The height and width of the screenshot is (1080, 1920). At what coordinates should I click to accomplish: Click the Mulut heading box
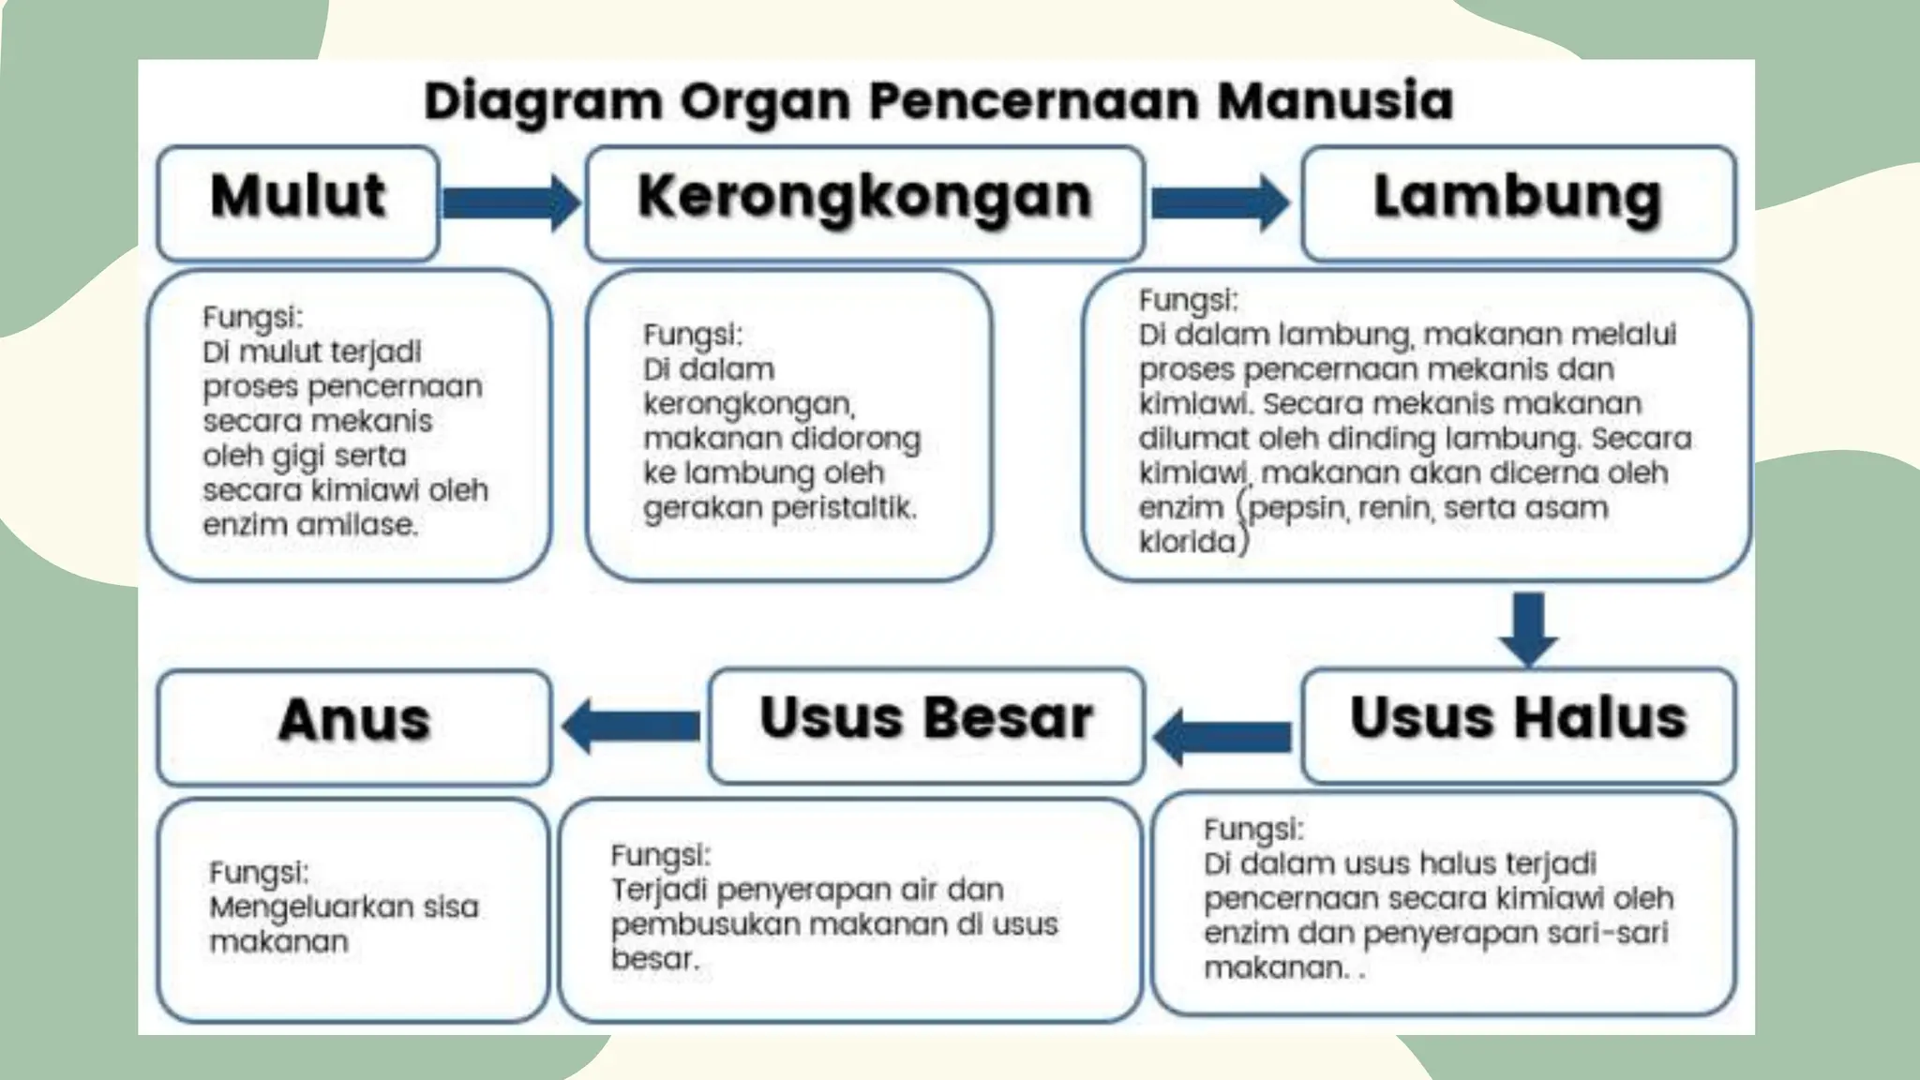coord(298,202)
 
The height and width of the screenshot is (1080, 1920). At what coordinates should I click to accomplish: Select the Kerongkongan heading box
coord(864,202)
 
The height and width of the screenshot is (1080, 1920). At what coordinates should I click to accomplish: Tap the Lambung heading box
coord(1518,202)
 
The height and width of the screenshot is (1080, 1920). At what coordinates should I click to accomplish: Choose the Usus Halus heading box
coord(1518,725)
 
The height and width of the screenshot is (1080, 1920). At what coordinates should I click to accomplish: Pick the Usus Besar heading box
coord(926,725)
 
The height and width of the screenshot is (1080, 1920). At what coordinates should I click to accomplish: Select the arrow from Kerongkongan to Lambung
coord(1220,202)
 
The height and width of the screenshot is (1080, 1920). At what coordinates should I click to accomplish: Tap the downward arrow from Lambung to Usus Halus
coord(1528,628)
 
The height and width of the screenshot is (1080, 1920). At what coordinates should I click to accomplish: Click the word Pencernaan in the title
coord(1034,101)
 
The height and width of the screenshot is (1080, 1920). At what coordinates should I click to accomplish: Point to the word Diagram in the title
coord(543,101)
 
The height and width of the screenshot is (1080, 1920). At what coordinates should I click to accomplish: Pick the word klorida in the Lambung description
coord(1187,542)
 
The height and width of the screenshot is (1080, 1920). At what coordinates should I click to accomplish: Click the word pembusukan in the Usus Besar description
coord(705,925)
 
